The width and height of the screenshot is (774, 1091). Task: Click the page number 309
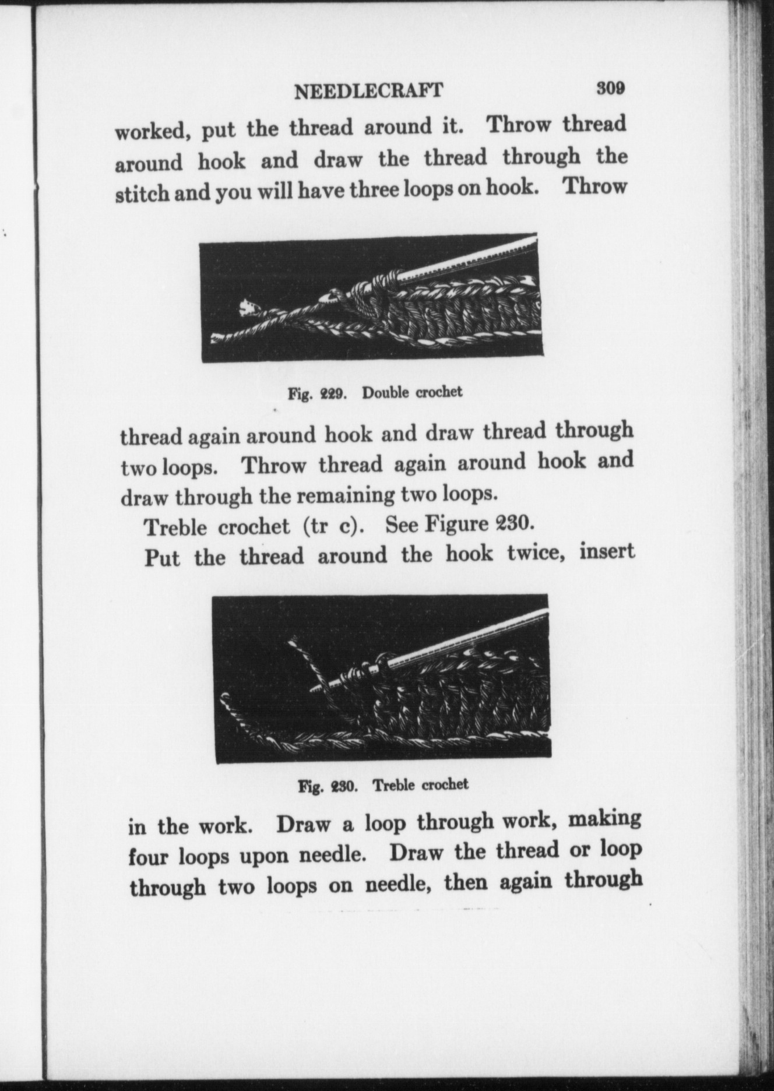click(x=610, y=89)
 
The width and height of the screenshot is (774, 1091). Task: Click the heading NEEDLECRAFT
click(x=368, y=91)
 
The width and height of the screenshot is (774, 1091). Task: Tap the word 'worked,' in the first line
click(x=151, y=132)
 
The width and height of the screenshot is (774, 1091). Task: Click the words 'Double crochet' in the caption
click(x=412, y=392)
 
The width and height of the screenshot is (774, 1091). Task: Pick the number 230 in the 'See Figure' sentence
click(x=513, y=523)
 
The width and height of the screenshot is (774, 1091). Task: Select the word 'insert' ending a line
click(x=607, y=551)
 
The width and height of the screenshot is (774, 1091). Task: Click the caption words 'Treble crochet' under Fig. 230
click(x=420, y=784)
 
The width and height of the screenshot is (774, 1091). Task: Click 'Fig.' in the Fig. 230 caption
click(x=311, y=787)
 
